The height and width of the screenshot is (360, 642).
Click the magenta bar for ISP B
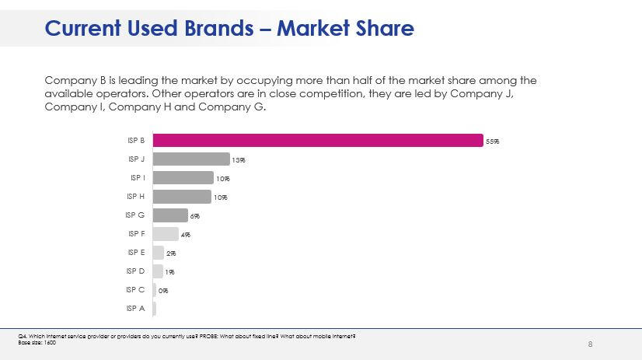click(318, 140)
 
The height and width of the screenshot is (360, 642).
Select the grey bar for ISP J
click(191, 159)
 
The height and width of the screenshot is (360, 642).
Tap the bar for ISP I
click(183, 177)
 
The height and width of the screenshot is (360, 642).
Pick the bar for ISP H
click(182, 197)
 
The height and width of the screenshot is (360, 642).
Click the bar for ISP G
click(170, 215)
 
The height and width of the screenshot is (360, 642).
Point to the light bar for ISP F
click(166, 234)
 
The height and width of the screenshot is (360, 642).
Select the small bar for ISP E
click(159, 253)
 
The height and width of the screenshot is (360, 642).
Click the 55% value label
click(492, 142)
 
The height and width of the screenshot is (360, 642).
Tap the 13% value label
click(239, 160)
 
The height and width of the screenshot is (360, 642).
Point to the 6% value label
click(195, 216)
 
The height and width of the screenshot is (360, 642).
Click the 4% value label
click(185, 235)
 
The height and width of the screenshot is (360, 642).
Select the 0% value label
click(163, 291)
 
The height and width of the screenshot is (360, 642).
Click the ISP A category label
click(135, 309)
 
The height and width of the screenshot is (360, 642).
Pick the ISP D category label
click(135, 271)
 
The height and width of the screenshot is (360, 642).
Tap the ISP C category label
click(135, 290)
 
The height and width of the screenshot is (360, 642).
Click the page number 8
click(591, 344)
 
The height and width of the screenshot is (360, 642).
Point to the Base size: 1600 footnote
click(37, 342)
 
